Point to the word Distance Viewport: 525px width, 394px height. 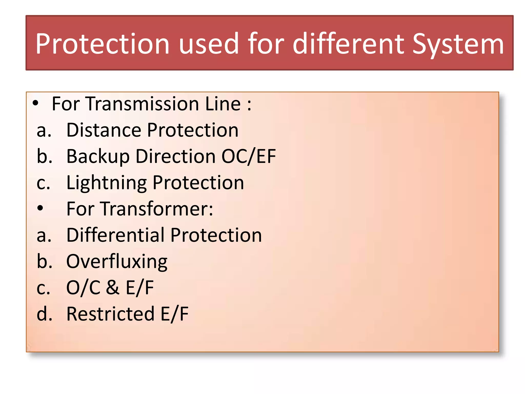[104, 130]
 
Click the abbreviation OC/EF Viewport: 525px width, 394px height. [248, 156]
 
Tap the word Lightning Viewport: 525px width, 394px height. [106, 183]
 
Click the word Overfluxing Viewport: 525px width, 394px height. [117, 262]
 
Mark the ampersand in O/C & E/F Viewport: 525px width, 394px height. [113, 288]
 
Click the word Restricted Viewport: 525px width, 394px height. [110, 314]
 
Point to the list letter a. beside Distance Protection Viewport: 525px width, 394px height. [44, 131]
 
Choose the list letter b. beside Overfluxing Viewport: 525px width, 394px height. [44, 261]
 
